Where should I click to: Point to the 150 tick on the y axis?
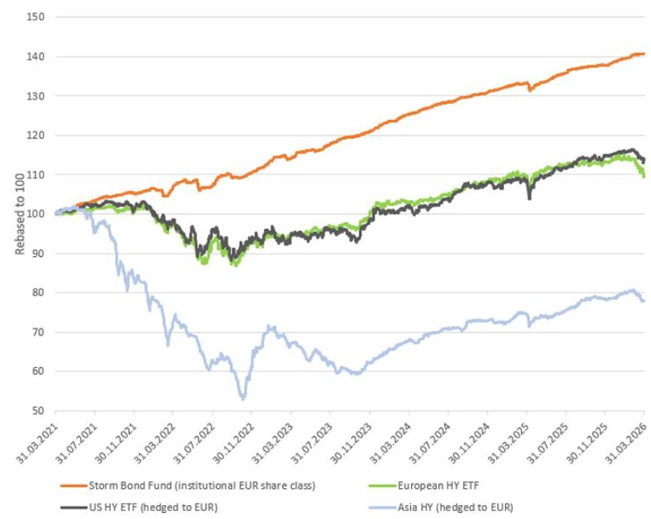[34, 17]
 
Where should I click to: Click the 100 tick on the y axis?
[34, 213]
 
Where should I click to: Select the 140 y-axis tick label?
[34, 57]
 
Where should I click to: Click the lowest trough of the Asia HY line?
[243, 400]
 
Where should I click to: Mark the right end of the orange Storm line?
[644, 54]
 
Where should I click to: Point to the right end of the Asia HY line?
[644, 301]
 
